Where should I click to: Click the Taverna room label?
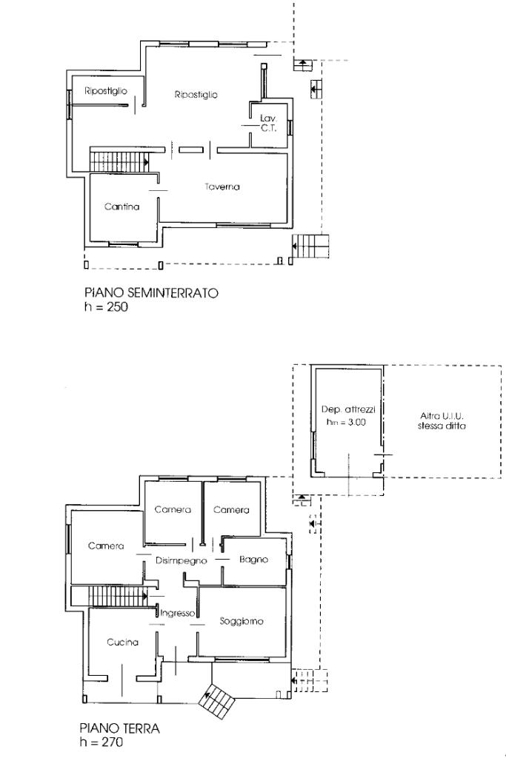222,187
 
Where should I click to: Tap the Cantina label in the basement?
122,207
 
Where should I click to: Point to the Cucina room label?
122,643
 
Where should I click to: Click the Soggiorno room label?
242,621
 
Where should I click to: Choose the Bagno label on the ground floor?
253,560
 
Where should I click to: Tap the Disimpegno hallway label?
182,561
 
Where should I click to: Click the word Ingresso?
178,614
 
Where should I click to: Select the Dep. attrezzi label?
348,409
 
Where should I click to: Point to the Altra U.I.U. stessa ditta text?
442,421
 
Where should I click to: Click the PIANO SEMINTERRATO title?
151,292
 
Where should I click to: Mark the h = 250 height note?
106,306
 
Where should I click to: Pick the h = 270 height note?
101,742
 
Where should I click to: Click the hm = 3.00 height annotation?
346,422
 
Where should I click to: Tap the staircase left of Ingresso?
110,596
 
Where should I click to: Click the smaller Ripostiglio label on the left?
106,91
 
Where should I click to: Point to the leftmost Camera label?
106,546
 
